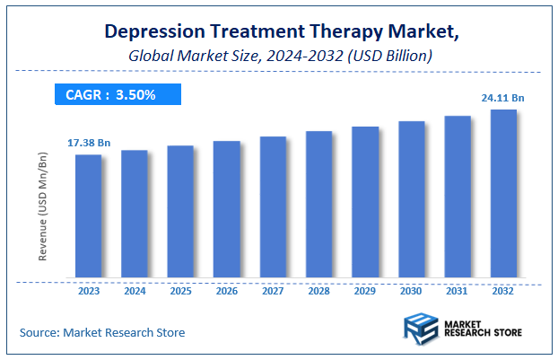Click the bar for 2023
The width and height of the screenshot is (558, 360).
88,216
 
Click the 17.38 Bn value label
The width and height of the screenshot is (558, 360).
88,143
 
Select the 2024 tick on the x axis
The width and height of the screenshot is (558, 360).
135,292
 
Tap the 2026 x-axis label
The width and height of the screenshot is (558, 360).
227,292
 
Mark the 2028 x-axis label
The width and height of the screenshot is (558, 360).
319,292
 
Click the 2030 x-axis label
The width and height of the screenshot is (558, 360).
411,292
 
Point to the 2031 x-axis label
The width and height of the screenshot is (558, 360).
458,292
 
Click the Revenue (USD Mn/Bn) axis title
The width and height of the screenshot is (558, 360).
42,206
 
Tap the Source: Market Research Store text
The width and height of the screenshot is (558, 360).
102,333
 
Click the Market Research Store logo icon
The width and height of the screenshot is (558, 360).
421,329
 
